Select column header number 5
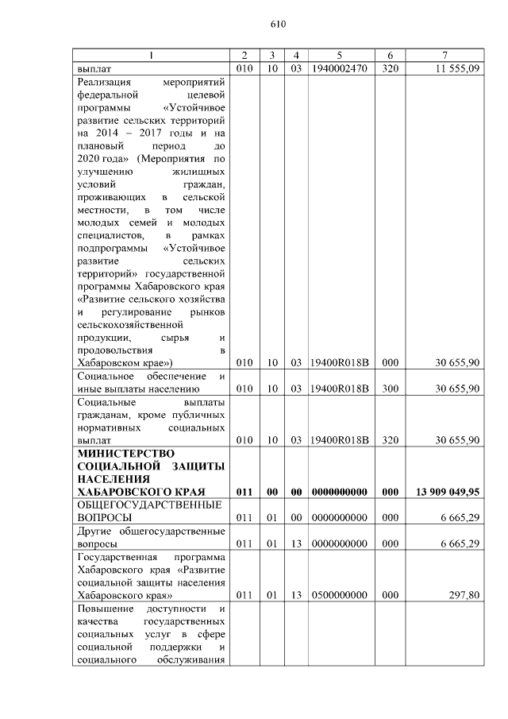tap(339, 55)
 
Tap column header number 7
tap(446, 55)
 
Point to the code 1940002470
tap(339, 68)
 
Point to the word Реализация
tap(105, 82)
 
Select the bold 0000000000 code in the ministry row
tap(339, 493)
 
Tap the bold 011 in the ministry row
tap(244, 493)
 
